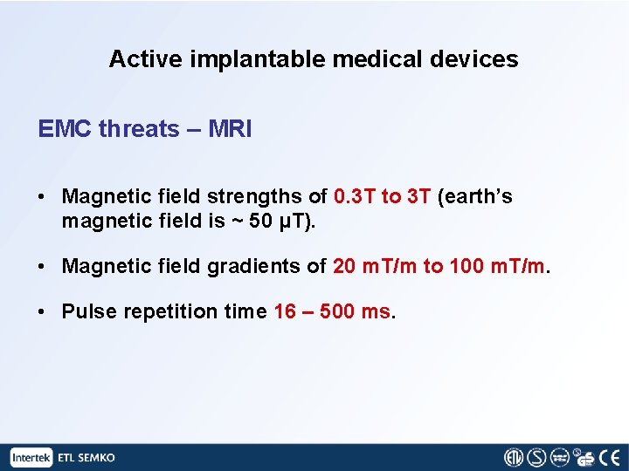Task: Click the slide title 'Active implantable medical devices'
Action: (x=314, y=59)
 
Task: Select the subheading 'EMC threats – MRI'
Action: (x=145, y=129)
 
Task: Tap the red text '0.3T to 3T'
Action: (x=383, y=197)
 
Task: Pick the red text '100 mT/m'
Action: (x=499, y=266)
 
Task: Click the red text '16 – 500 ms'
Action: (x=332, y=311)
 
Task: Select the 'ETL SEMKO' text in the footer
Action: (x=86, y=457)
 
